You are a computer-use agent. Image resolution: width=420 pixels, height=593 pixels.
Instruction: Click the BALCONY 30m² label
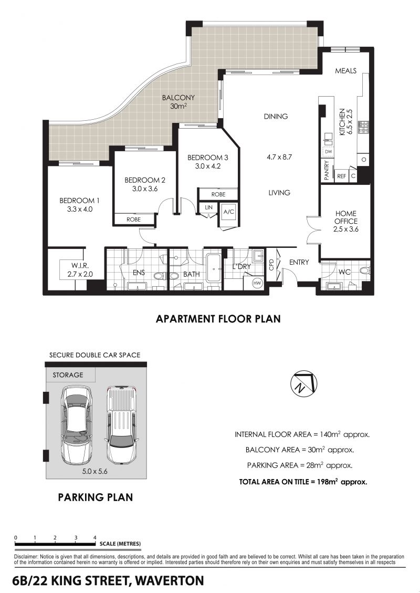pos(178,102)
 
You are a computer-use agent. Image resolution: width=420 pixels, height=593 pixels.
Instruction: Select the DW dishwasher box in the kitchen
pos(328,152)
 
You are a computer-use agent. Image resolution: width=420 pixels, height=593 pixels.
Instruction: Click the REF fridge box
pos(341,175)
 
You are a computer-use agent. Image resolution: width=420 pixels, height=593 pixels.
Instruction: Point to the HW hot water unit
pos(257,283)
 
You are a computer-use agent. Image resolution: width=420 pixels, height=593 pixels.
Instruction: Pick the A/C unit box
pos(229,212)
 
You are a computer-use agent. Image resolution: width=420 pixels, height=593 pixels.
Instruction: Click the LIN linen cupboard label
pos(208,207)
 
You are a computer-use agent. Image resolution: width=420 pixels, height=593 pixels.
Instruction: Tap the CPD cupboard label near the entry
pos(271,264)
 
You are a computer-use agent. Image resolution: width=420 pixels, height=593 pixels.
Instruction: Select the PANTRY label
pos(327,170)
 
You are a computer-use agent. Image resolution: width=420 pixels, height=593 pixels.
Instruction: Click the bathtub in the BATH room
pos(214,268)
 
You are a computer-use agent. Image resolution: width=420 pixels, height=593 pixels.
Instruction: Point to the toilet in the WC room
pos(364,271)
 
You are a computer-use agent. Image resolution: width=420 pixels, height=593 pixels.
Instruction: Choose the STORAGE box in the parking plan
pos(70,375)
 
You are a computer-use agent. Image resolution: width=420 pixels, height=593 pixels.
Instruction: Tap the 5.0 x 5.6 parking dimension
pos(94,471)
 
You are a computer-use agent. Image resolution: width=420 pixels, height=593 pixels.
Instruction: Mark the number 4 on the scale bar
pos(95,537)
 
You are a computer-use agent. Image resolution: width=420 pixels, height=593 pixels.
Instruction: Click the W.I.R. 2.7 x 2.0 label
pos(80,270)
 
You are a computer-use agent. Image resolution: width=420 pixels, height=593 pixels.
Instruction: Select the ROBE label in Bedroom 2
pos(133,220)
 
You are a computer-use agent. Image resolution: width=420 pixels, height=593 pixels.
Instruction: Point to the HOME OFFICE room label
pos(345,217)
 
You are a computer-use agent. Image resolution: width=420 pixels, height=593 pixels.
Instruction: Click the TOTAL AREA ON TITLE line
pos(303,482)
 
